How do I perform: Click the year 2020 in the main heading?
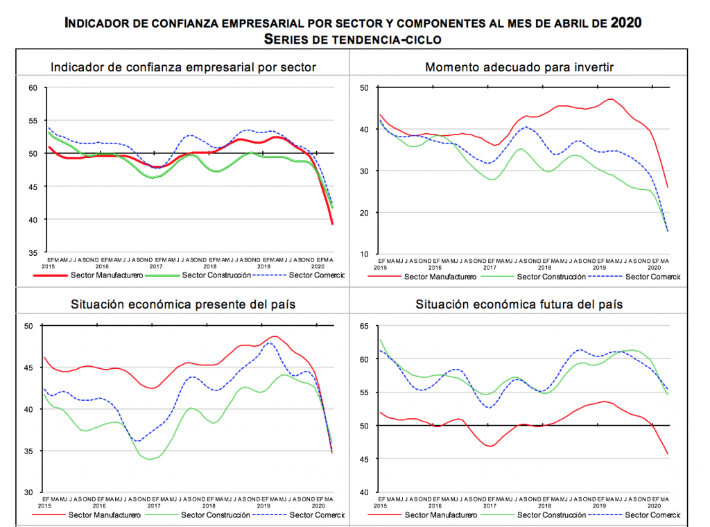pos(626,24)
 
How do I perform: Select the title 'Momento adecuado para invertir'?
pos(519,67)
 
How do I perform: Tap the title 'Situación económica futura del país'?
pos(519,304)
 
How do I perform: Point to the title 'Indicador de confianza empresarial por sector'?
pos(184,67)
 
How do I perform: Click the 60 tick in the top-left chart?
pos(33,87)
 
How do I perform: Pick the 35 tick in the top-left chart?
pos(33,253)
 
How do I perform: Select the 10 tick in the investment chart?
pos(364,254)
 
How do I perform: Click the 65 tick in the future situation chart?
pos(364,326)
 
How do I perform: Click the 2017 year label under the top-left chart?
pos(155,266)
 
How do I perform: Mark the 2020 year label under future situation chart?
pos(654,506)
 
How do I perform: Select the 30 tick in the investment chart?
pos(364,171)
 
